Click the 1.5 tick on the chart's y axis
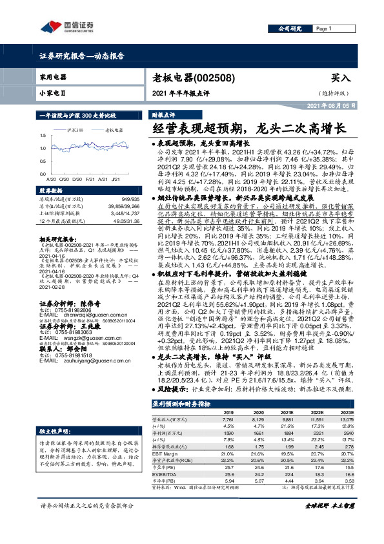(43, 136)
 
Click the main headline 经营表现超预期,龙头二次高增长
(254, 128)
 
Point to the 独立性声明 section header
(55, 412)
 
